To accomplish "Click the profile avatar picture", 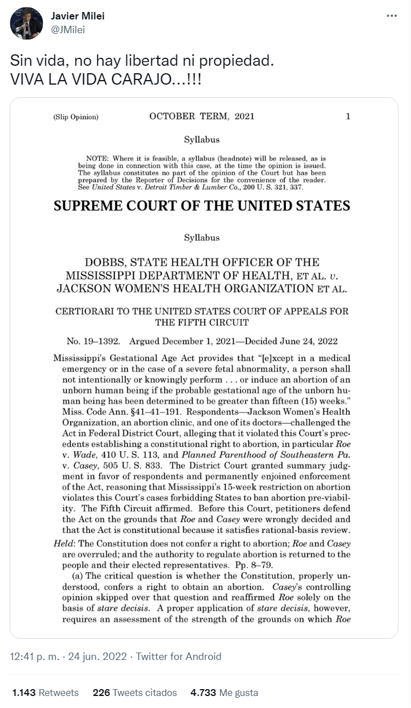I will (x=26, y=23).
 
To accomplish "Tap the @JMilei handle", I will (x=68, y=30).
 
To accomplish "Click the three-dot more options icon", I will (x=392, y=16).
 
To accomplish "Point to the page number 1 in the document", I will (x=348, y=117).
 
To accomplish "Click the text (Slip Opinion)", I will (x=75, y=117).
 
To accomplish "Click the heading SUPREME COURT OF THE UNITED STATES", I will (x=202, y=206).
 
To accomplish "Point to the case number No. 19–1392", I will (x=93, y=341).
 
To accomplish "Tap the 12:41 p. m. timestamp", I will (x=34, y=657).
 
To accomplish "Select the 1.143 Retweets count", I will (x=46, y=693).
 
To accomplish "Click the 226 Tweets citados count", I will (x=135, y=693).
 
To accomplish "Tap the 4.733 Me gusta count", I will (x=224, y=693).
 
